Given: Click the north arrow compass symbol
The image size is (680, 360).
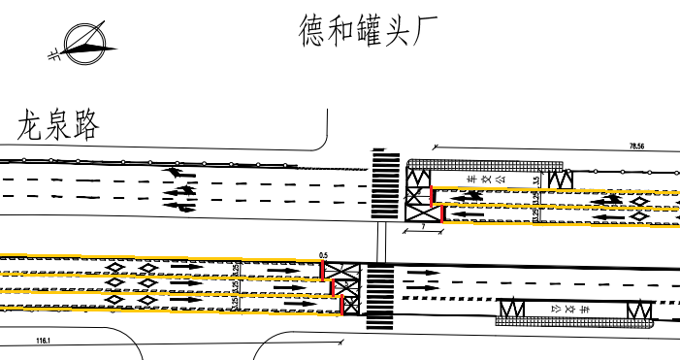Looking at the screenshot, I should coord(81,43).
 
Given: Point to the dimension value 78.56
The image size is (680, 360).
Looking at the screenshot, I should coord(637,146).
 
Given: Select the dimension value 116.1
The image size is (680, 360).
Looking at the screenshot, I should coord(43,342).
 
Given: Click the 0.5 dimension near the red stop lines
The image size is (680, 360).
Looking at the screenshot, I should coord(323,255).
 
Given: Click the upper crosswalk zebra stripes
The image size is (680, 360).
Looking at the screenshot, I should coord(386,184).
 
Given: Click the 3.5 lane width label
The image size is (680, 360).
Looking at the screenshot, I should coord(536,180).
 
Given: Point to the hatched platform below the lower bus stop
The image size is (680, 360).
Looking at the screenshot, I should coord(572,320).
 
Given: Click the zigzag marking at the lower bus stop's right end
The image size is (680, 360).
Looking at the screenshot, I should coord(639,310).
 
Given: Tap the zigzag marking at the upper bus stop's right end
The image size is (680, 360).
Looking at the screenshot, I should coord(560,180).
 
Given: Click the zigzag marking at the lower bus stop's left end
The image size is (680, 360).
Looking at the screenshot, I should coord(510,310).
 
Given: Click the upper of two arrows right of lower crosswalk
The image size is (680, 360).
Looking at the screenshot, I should coord(422,273).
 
